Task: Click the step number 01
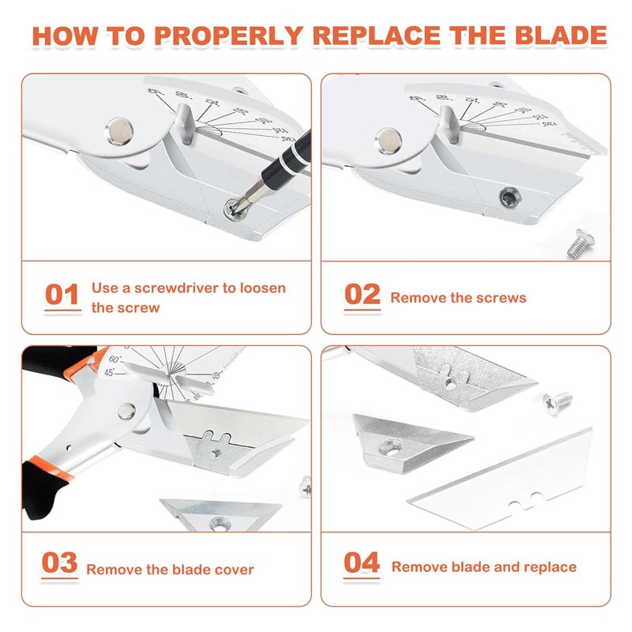(62, 295)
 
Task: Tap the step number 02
(363, 295)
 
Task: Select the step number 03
(60, 564)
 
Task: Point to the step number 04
(363, 563)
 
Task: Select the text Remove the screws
(458, 298)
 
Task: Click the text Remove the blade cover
(170, 569)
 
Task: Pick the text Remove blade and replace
(483, 566)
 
